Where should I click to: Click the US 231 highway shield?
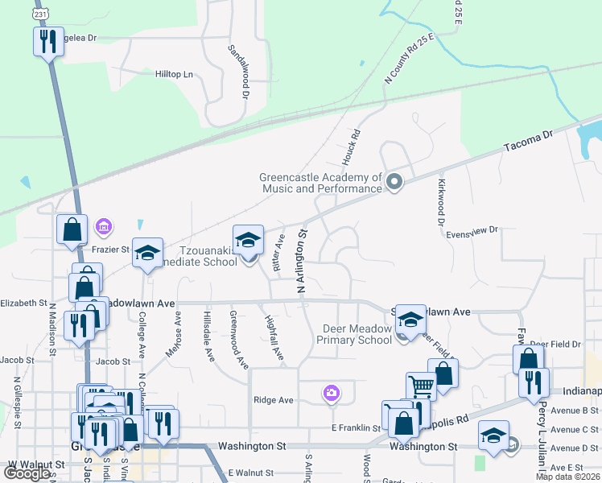point(41,14)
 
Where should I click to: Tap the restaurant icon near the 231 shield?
point(48,41)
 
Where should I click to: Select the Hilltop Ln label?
point(175,74)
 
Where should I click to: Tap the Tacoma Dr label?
point(528,142)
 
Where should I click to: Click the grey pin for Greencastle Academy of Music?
point(394,182)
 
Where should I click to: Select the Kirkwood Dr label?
point(441,204)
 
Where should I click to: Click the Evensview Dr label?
point(472,230)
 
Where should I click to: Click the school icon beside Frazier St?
point(147,253)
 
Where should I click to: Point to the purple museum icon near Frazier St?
point(103,227)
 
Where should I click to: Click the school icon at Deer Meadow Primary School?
point(410,320)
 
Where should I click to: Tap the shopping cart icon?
point(421,386)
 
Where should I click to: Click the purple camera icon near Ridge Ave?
point(331,394)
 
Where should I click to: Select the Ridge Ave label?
point(274,400)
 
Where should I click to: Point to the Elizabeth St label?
point(23,303)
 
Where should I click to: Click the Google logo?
point(27,473)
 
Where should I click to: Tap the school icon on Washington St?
point(493,436)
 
